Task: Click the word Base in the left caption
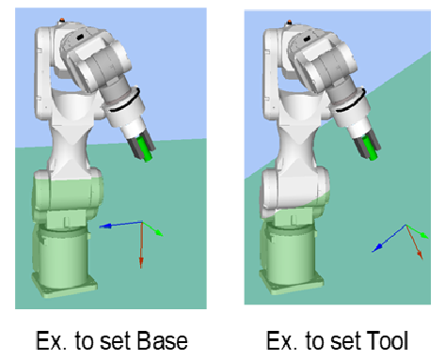click(x=162, y=340)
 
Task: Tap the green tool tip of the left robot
click(x=146, y=149)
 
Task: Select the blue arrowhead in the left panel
click(x=105, y=226)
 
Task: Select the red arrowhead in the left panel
click(x=141, y=262)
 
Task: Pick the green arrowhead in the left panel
click(x=159, y=233)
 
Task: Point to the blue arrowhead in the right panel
click(x=377, y=248)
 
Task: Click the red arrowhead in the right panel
click(x=420, y=255)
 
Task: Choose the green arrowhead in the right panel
click(x=424, y=235)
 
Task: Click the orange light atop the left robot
click(x=62, y=20)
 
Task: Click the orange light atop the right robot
click(x=289, y=22)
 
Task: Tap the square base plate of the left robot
click(x=65, y=286)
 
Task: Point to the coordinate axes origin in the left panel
click(x=142, y=222)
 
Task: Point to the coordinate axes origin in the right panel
click(x=405, y=225)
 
